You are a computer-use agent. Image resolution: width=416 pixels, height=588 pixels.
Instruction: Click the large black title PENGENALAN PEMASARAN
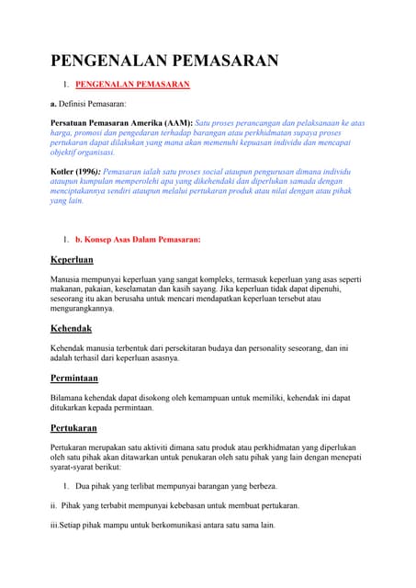tap(163, 62)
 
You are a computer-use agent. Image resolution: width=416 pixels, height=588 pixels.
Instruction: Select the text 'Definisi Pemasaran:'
tap(95, 104)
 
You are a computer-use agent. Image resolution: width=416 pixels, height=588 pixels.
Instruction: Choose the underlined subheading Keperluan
tap(72, 259)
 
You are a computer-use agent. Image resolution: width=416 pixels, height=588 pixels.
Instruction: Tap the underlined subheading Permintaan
tap(75, 377)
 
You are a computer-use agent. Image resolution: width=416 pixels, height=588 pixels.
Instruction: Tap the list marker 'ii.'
tap(54, 505)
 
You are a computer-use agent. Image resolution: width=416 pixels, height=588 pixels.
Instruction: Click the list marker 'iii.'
tap(55, 526)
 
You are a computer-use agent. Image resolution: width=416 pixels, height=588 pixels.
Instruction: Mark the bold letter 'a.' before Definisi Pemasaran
tap(53, 104)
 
